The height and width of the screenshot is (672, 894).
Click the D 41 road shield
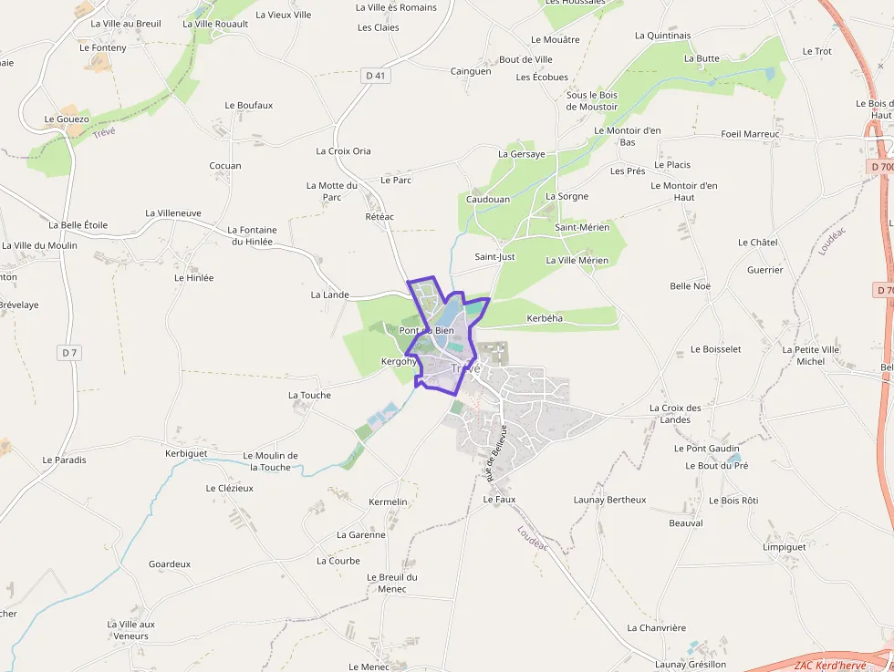[x=376, y=76]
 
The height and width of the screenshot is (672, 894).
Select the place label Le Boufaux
[x=248, y=106]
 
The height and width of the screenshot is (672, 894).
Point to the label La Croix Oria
[x=343, y=151]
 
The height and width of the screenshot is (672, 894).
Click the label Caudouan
[x=488, y=199]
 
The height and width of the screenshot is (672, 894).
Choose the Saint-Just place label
[x=494, y=257]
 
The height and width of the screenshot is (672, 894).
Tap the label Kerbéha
[x=545, y=318]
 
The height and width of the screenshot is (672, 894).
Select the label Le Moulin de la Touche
[x=270, y=461]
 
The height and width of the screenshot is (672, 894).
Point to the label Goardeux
[x=170, y=564]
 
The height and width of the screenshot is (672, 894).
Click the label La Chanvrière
[x=656, y=628]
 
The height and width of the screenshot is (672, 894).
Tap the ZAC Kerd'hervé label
[x=829, y=665]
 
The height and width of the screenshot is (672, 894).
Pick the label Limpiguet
[x=785, y=547]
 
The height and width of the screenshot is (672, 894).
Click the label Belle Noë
[x=690, y=286]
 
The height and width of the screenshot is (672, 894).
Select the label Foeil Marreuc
[x=750, y=134]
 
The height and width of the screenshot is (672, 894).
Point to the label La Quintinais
[x=662, y=36]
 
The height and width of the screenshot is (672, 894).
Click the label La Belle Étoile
[x=78, y=225]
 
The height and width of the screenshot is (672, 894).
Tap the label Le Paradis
[x=64, y=460]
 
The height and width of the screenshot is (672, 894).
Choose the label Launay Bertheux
[x=609, y=500]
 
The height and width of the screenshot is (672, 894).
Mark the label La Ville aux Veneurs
[x=131, y=630]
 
